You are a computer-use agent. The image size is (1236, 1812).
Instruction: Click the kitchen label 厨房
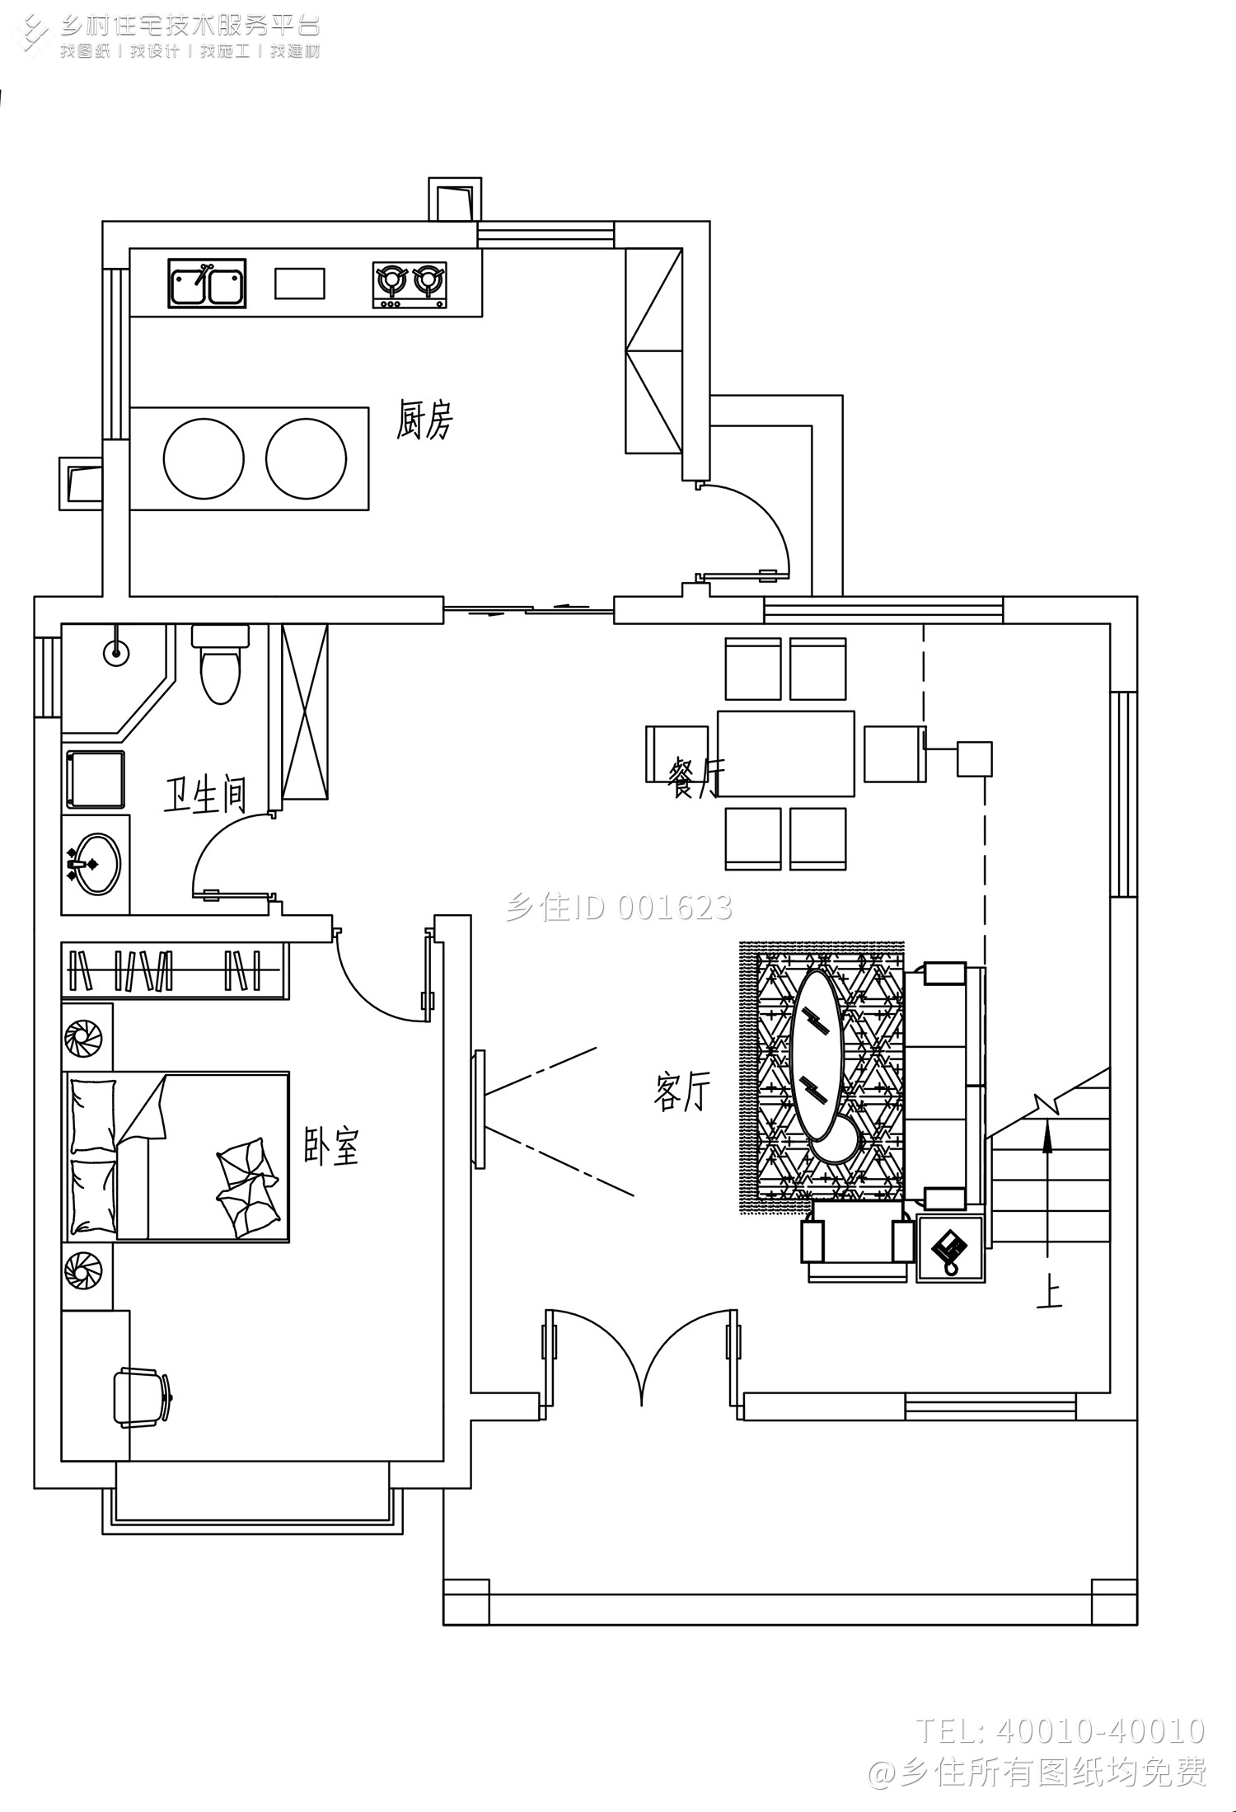coord(424,420)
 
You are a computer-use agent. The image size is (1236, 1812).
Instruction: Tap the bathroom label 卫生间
coord(205,795)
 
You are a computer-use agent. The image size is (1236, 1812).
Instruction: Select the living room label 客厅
coord(681,1091)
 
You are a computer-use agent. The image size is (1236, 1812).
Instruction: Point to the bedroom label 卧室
coord(332,1146)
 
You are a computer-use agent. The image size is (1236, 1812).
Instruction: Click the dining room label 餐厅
coord(696,777)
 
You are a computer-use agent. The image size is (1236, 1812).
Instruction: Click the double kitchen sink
coord(208,284)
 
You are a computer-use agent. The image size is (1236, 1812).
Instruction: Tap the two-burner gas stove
coord(410,285)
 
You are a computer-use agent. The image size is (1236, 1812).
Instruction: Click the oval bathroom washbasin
coord(94,863)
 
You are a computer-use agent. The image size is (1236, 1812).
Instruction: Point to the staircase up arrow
coord(1047,1187)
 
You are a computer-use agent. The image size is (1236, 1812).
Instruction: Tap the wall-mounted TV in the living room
coord(479,1108)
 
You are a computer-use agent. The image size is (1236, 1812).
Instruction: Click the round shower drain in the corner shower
coord(116,652)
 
